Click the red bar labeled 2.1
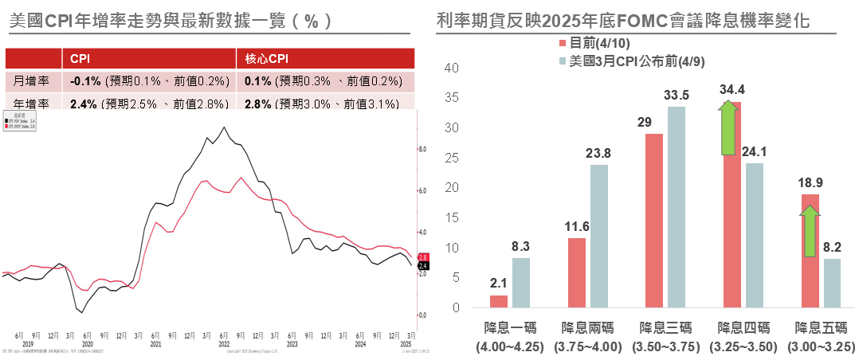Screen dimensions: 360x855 click(499, 302)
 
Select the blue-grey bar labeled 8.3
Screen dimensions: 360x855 click(521, 283)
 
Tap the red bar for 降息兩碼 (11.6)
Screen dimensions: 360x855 click(577, 273)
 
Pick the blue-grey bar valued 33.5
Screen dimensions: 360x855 click(677, 207)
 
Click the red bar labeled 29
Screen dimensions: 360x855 click(654, 221)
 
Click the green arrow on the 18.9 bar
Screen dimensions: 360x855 click(809, 231)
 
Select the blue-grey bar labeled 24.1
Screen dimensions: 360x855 click(754, 236)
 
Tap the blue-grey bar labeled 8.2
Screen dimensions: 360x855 click(831, 284)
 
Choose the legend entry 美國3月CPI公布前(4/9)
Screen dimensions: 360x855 click(633, 61)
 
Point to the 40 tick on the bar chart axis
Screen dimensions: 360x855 click(452, 68)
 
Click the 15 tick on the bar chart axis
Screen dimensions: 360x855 click(452, 217)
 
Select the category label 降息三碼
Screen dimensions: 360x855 click(665, 327)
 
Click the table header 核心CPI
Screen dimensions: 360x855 click(265, 58)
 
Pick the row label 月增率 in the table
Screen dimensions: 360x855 click(33, 81)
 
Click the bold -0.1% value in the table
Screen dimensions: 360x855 click(84, 81)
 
